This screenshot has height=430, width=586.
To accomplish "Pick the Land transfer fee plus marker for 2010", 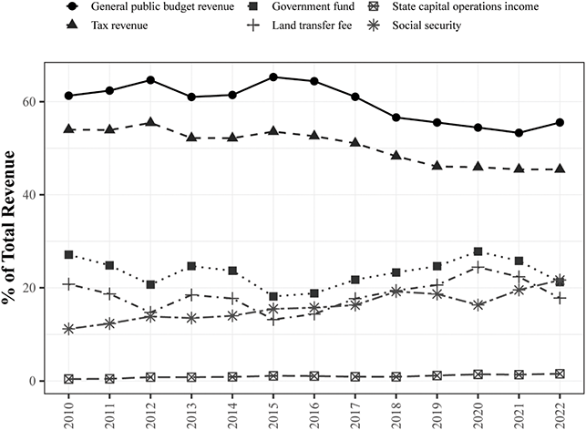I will tap(69, 284).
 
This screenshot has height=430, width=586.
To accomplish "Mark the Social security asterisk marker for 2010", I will tap(69, 329).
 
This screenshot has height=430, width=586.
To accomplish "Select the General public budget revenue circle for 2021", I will tap(515, 133).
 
